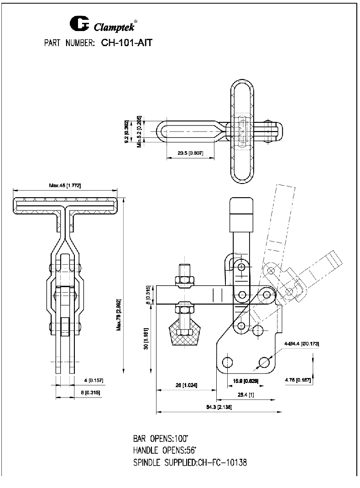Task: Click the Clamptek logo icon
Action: click(x=80, y=24)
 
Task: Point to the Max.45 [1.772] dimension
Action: click(x=65, y=185)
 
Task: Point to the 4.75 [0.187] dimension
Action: click(x=298, y=380)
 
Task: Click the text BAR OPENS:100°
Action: click(x=161, y=439)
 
